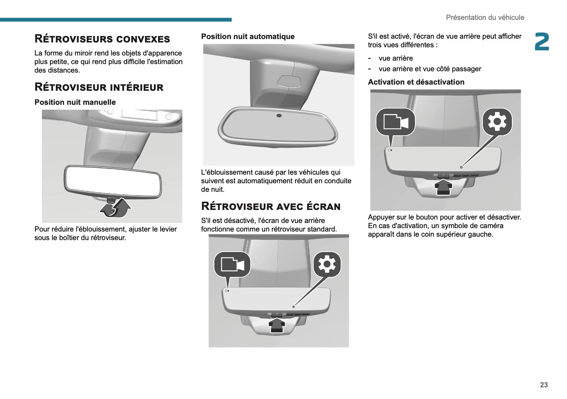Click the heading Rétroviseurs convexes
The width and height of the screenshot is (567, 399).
[102, 39]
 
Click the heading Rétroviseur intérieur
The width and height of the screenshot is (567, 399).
[99, 87]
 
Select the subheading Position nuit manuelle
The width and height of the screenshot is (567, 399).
[75, 102]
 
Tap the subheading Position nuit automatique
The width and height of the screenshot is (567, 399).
[248, 36]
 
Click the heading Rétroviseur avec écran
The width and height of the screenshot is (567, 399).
[271, 206]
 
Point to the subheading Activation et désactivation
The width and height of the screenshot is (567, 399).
[416, 82]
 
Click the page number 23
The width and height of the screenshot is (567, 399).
[544, 385]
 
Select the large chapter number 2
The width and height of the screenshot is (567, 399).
[542, 42]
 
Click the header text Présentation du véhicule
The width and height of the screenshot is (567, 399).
[485, 17]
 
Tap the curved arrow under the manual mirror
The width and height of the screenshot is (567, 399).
[116, 208]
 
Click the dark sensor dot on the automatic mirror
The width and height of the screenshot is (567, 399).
[279, 116]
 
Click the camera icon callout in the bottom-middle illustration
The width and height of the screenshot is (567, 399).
[232, 264]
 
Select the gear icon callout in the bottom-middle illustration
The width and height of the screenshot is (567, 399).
[327, 264]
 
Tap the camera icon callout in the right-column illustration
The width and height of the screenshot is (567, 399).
[395, 122]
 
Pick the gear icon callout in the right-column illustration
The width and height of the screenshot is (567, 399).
[497, 122]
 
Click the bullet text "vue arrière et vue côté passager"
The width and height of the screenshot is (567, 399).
[430, 69]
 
